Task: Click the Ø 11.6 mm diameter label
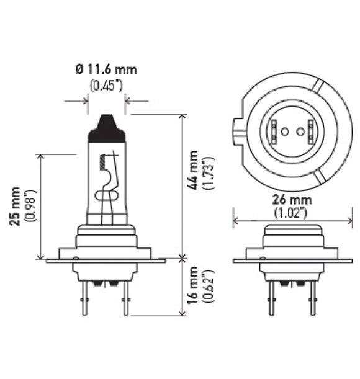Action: coord(106,69)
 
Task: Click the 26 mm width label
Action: coord(291,200)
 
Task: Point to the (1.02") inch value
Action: coord(291,213)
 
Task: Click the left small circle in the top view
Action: coord(284,132)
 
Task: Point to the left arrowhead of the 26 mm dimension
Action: coord(236,219)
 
